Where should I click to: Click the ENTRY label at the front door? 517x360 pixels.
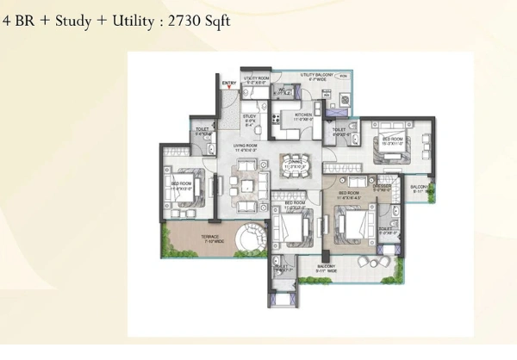click(229, 84)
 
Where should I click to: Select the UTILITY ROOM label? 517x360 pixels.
click(257, 77)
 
